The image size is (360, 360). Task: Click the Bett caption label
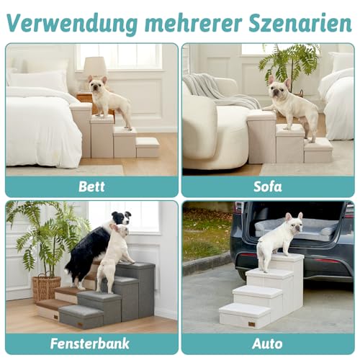pyautogui.click(x=91, y=187)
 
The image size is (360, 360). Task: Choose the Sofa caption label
pyautogui.click(x=268, y=187)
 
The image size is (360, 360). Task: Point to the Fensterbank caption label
pyautogui.click(x=91, y=343)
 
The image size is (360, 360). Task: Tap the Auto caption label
pyautogui.click(x=268, y=343)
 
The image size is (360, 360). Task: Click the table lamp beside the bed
pyautogui.click(x=94, y=69)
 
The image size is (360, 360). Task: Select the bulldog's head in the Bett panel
pyautogui.click(x=99, y=85)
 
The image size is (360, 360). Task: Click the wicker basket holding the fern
pyautogui.click(x=47, y=287)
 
